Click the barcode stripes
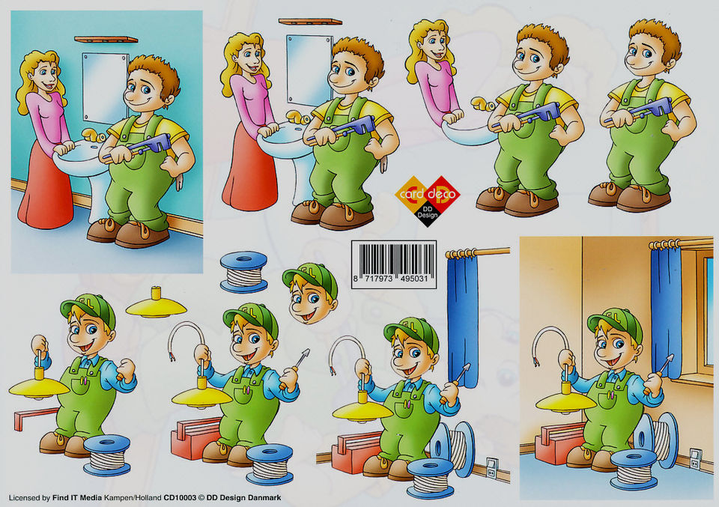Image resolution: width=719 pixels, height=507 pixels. point(397,259)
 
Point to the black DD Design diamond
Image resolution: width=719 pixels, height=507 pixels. point(428,214)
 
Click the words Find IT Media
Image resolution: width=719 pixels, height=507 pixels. point(77,497)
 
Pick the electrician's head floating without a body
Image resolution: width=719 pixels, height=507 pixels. point(310,293)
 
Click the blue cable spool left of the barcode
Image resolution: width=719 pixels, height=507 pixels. point(243,271)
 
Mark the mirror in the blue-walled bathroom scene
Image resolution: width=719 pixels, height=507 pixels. point(105,88)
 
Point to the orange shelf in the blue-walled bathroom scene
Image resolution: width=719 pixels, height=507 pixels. point(106,40)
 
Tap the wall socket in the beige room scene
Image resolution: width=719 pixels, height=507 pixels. point(695,458)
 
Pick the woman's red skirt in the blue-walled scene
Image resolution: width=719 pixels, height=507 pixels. point(45,189)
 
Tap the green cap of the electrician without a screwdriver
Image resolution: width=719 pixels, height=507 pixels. point(89,309)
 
